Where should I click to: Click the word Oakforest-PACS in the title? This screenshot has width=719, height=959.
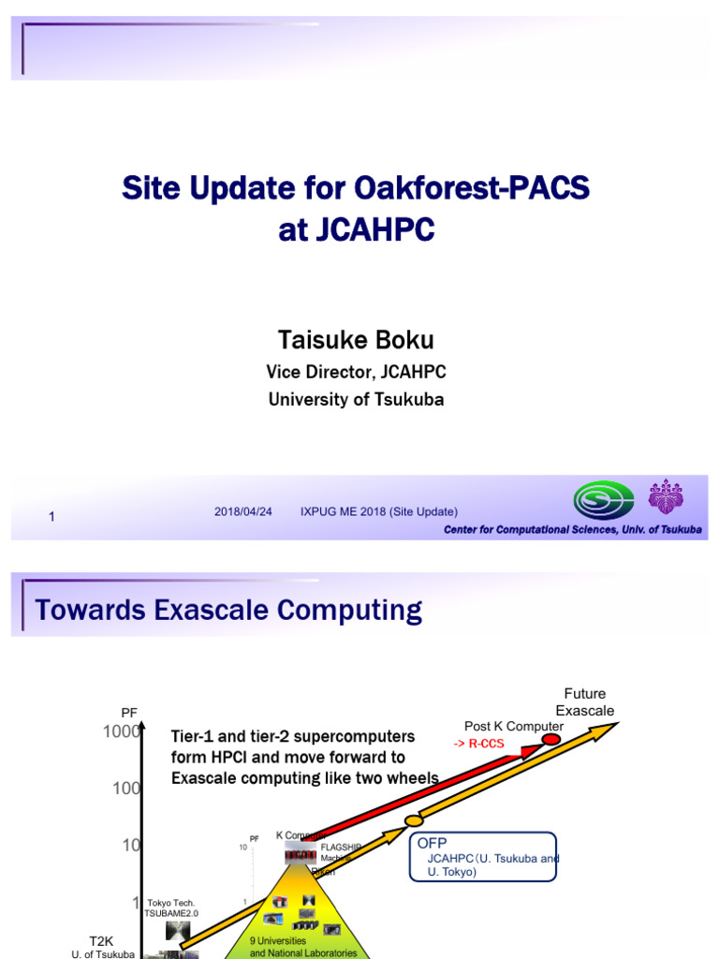click(473, 188)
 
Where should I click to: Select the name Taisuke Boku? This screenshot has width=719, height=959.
click(355, 339)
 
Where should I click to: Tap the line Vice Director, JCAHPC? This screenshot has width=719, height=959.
click(356, 372)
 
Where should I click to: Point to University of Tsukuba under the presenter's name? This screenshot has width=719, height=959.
click(356, 400)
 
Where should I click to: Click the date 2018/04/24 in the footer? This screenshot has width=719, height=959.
click(243, 511)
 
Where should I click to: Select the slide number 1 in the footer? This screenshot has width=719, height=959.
click(52, 516)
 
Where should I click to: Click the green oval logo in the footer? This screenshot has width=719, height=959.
click(603, 501)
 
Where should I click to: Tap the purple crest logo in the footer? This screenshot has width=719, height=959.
click(666, 497)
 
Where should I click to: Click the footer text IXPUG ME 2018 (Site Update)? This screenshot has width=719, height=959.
click(378, 511)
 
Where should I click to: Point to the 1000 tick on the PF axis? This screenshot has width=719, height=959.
click(122, 732)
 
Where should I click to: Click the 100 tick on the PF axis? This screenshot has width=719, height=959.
click(125, 789)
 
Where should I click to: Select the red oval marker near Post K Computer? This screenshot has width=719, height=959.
click(551, 740)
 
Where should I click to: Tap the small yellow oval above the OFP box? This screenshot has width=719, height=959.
click(414, 820)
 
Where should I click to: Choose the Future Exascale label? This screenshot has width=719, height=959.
click(585, 702)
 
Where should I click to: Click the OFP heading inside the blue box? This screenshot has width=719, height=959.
click(433, 843)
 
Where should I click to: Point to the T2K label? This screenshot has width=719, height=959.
click(101, 940)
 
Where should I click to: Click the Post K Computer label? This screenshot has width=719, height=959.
click(513, 726)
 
